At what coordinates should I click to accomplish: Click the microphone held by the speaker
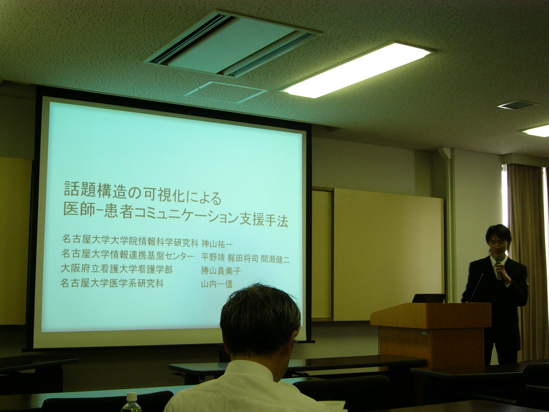[498, 267]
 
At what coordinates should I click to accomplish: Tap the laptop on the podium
[428, 298]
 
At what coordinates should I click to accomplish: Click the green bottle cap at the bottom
[132, 396]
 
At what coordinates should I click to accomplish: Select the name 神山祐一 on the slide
[217, 243]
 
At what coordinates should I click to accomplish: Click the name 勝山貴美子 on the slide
[220, 270]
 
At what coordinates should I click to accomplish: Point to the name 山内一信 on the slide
[217, 284]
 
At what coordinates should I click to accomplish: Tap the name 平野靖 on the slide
[213, 257]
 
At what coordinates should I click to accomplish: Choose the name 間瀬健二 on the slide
[275, 259]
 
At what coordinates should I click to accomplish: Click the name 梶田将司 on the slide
[243, 258]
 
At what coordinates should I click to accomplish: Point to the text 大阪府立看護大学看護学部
[117, 269]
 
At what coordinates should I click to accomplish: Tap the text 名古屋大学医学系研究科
[112, 283]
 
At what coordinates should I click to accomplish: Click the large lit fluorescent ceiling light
[358, 70]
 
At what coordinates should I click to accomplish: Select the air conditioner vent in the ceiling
[232, 44]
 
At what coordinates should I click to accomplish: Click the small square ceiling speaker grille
[517, 105]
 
